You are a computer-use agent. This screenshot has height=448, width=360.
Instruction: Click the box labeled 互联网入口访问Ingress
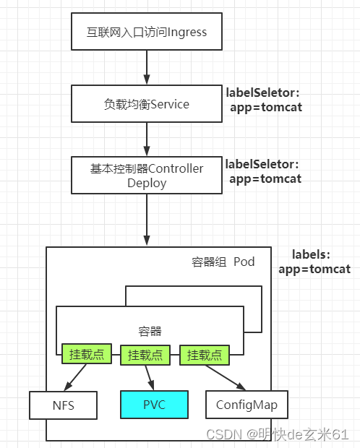[147, 33]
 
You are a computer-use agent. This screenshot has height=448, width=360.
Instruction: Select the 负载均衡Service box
[147, 104]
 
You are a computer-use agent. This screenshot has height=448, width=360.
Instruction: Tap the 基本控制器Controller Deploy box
[147, 176]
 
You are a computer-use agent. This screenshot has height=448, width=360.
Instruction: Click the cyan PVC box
[154, 405]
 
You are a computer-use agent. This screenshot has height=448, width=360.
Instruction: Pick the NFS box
[63, 405]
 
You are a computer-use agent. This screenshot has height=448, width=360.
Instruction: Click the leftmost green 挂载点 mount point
[84, 355]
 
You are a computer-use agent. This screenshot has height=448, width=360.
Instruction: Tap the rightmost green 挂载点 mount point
[205, 355]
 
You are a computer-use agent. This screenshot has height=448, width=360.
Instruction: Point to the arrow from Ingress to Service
[147, 68]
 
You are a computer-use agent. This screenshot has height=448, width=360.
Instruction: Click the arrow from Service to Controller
[147, 139]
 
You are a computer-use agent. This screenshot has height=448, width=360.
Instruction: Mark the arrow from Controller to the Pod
[147, 220]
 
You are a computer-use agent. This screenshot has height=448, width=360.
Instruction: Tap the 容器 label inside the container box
[150, 332]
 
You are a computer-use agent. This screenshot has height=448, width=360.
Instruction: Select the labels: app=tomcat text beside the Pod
[314, 262]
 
